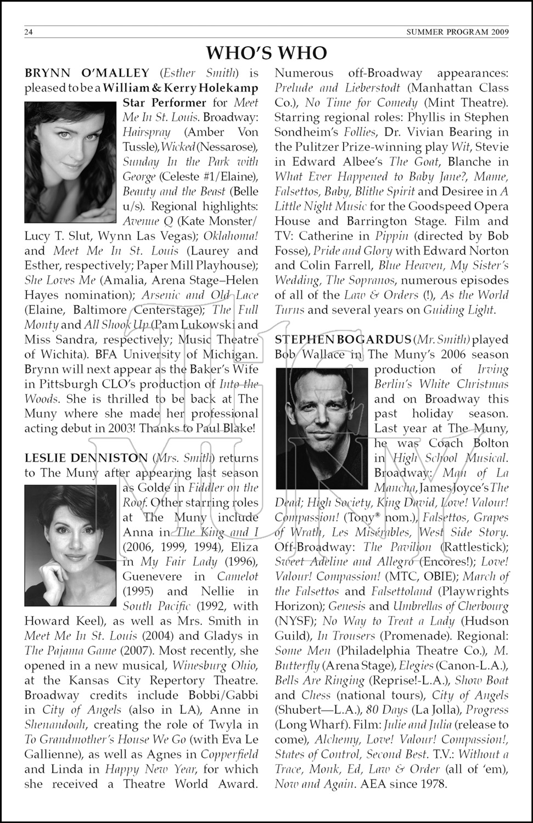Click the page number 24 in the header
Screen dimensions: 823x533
pos(29,32)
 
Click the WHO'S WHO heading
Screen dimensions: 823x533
pos(266,53)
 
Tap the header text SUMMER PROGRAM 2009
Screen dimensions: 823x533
pos(457,32)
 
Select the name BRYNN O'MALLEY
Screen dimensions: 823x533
pos(87,73)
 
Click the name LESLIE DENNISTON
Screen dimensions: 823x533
pos(86,458)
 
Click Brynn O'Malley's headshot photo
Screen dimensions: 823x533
pos(71,162)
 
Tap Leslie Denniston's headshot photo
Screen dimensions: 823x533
pos(71,545)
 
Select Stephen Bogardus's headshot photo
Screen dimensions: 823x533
pos(323,429)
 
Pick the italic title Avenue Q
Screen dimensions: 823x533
pos(148,221)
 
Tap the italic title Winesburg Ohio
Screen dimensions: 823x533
pos(215,666)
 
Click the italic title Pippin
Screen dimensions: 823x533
pos(392,236)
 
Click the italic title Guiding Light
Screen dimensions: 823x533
pos(458,310)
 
